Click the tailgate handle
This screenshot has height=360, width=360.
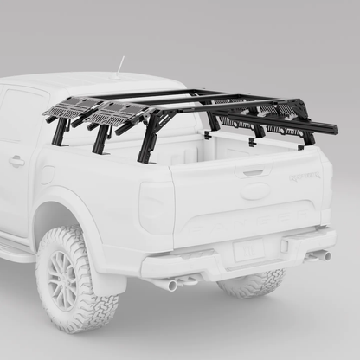point(253,172)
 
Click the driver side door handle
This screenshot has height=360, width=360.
point(16,161)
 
